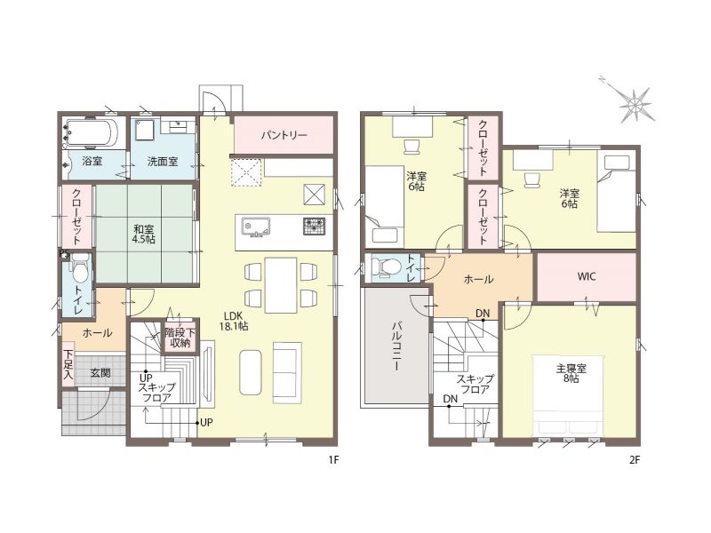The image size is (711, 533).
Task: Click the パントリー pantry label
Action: [284, 135]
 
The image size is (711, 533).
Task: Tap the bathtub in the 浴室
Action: [91, 133]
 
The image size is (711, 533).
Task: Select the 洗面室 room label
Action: [163, 161]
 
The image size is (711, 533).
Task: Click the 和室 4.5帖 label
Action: [144, 234]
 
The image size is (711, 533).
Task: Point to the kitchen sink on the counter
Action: [256, 227]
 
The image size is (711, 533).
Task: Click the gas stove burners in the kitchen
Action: [314, 227]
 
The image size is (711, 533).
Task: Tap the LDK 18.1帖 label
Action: [234, 321]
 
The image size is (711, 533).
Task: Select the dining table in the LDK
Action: [281, 284]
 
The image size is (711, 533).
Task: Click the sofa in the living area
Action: [287, 372]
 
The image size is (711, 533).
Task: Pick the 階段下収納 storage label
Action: [180, 338]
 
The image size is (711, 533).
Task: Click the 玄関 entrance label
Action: [100, 373]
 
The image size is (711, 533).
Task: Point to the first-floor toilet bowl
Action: [80, 270]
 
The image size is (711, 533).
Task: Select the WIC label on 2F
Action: [587, 276]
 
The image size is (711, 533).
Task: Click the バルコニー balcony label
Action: [396, 346]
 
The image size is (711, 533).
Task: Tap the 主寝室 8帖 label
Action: [571, 373]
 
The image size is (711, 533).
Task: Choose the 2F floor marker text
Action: [635, 460]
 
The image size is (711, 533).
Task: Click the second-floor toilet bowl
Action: [384, 266]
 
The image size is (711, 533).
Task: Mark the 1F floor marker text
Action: [334, 460]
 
